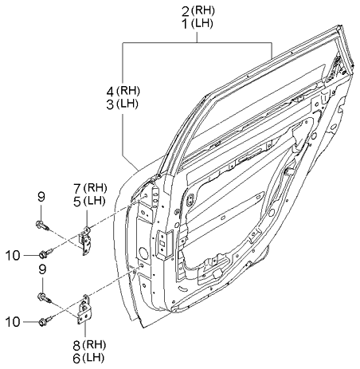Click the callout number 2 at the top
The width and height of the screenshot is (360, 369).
[185, 12]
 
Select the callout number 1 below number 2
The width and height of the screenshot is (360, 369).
[185, 25]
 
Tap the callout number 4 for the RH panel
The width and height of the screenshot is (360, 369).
[111, 92]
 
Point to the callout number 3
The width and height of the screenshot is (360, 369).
[110, 104]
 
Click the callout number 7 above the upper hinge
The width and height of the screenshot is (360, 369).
[77, 189]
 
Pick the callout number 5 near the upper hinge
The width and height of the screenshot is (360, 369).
[77, 202]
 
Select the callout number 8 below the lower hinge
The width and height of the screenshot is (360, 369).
[76, 346]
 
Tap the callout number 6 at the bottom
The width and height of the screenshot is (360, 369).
[76, 359]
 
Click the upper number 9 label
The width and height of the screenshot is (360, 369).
[41, 197]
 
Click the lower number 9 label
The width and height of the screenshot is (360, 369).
[42, 269]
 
